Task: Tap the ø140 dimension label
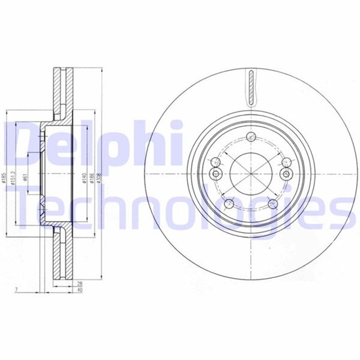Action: (83, 178)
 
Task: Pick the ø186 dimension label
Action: (92, 178)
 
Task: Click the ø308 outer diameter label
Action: (100, 178)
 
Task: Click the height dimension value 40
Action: (80, 291)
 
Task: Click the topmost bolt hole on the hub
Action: (251, 137)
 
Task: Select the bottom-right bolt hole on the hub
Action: (273, 204)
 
